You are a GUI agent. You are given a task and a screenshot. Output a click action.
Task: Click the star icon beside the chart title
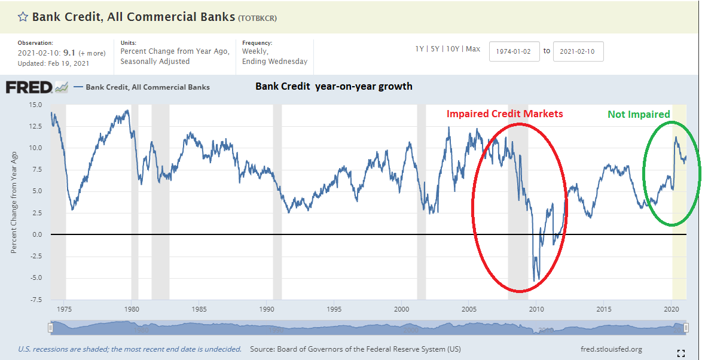click(x=23, y=17)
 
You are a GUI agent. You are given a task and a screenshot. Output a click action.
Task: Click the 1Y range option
click(x=420, y=49)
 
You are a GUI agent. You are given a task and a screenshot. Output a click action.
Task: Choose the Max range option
click(x=472, y=49)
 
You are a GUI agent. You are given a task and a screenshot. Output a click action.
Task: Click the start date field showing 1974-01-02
click(x=514, y=51)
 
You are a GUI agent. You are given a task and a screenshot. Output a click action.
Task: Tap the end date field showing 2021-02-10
click(x=578, y=51)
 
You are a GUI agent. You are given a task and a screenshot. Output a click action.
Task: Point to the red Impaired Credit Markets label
click(x=505, y=114)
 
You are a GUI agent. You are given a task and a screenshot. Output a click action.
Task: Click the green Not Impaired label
click(x=639, y=114)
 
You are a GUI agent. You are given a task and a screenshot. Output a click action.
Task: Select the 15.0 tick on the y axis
click(x=35, y=105)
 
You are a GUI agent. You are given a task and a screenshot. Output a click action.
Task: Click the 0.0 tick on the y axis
click(x=37, y=234)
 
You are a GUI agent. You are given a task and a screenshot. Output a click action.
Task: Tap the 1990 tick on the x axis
click(x=267, y=309)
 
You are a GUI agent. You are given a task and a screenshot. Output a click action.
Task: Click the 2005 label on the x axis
click(x=469, y=309)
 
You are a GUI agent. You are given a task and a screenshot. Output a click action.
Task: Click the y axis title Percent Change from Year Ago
click(x=14, y=202)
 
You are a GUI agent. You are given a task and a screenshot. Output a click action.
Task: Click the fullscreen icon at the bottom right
click(x=680, y=353)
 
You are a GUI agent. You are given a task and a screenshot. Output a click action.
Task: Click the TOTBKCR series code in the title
click(x=257, y=18)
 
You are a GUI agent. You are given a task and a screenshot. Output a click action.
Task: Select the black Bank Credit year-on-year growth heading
click(x=334, y=86)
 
